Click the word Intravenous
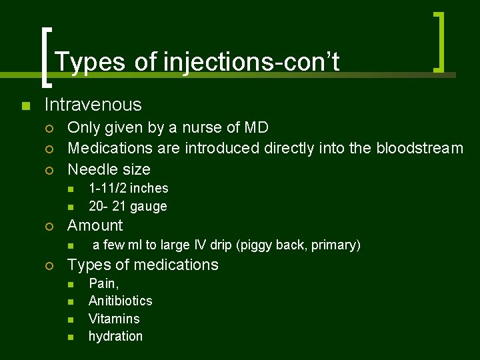coord(93,105)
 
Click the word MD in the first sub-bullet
coord(255,127)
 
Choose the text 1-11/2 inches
coord(128,189)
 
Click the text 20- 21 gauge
coord(127,207)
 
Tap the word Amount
coord(95,225)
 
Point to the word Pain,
coord(103,283)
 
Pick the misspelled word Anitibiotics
coord(120,301)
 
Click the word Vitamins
coord(114,319)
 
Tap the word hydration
coord(115,336)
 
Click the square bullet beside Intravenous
coord(25,105)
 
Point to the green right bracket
coord(439,41)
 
